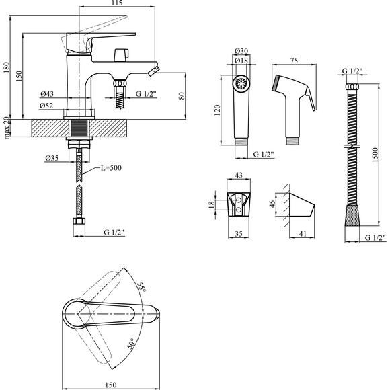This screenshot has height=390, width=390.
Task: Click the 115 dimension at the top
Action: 117,3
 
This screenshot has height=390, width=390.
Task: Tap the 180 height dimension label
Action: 7,68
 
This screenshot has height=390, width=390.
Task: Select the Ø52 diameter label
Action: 46,106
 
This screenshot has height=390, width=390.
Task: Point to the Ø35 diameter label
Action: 52,158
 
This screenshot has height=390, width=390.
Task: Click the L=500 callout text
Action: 111,168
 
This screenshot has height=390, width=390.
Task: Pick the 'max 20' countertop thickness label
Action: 7,128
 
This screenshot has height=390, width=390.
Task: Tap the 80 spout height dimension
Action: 182,96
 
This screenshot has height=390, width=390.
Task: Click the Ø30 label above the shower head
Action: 241,51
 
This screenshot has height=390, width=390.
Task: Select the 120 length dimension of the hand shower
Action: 217,110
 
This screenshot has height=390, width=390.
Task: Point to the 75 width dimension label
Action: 294,61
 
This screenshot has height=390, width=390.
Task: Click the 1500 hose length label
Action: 375,155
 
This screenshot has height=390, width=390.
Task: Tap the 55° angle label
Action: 141,288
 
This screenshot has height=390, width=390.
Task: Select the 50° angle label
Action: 131,344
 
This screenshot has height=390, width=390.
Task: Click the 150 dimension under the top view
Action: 111,385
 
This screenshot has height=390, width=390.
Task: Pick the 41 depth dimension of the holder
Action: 303,234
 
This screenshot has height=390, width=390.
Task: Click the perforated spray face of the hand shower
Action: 241,83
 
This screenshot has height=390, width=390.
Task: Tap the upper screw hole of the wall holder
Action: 239,200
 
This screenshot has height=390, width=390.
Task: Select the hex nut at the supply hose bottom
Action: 79,221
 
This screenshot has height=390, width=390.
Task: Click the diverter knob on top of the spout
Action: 121,55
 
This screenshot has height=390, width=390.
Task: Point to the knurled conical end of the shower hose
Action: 352,215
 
